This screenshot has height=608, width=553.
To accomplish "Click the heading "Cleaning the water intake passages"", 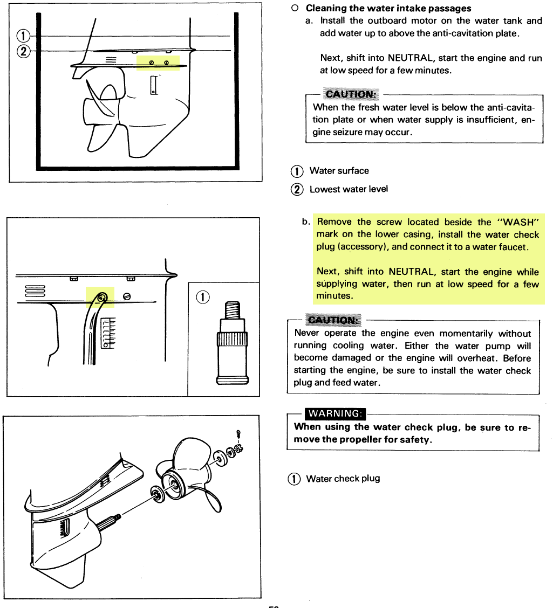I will [x=388, y=8].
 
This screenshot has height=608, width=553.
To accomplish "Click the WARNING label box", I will [x=334, y=413].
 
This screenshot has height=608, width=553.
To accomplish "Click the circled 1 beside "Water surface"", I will [x=297, y=171].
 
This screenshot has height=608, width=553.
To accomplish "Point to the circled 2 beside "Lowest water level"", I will [x=297, y=189].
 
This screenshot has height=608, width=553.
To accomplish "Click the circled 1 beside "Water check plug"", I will [x=294, y=479].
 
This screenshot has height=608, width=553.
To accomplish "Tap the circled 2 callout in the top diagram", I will [x=23, y=52].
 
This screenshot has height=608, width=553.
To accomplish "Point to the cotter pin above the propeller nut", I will [x=238, y=433].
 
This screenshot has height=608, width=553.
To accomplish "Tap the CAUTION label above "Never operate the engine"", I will [x=333, y=320].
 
